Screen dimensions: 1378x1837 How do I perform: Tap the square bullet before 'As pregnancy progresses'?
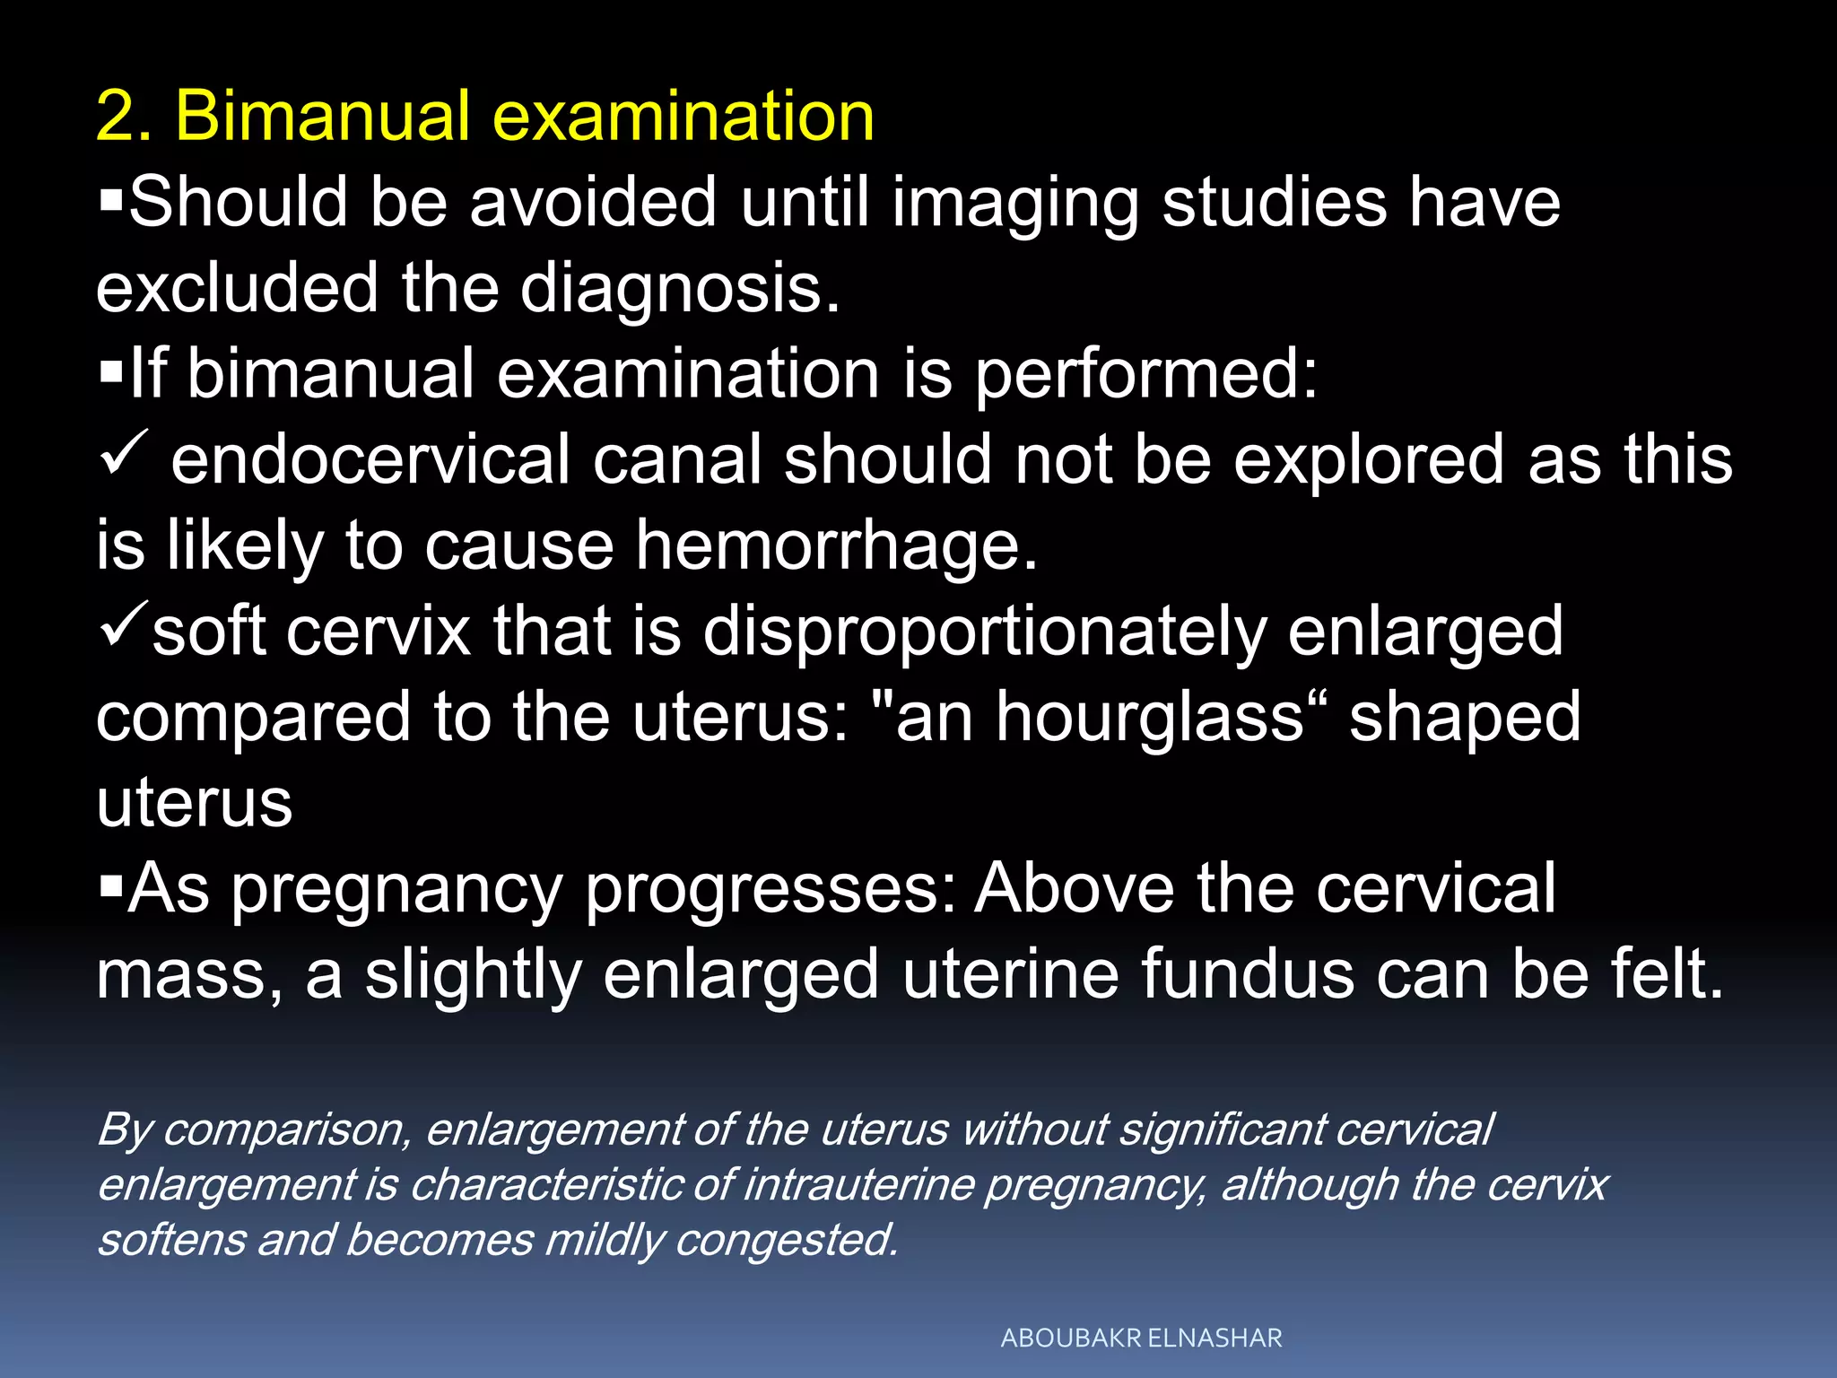[x=110, y=886]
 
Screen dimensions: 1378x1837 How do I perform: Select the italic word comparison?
[x=287, y=1129]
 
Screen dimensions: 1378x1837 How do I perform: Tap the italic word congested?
[x=786, y=1241]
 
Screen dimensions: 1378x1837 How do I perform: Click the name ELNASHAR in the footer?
[x=1215, y=1339]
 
